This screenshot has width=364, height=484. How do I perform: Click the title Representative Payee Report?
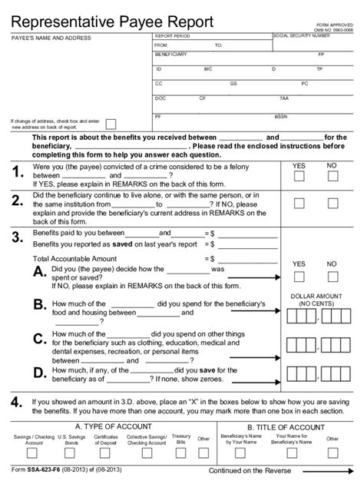pyautogui.click(x=111, y=21)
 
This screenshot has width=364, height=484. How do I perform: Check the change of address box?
pyautogui.click(x=111, y=124)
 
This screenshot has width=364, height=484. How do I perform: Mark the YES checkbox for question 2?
pyautogui.click(x=299, y=204)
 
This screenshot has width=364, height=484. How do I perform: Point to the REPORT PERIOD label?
pyautogui.click(x=173, y=36)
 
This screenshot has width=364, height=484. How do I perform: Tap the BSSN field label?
pyautogui.click(x=281, y=116)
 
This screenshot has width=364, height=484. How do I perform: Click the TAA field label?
pyautogui.click(x=284, y=98)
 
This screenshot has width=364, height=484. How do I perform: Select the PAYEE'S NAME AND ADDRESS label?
pyautogui.click(x=51, y=38)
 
